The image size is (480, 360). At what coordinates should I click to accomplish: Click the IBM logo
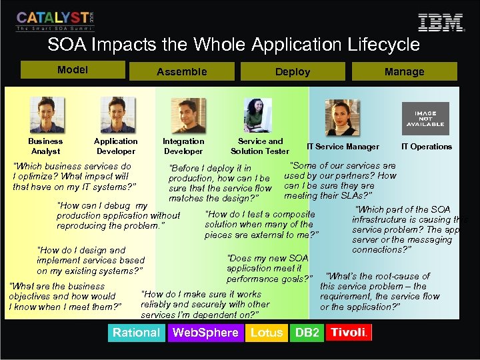point(440,22)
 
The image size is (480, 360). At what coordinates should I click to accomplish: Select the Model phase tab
point(73,70)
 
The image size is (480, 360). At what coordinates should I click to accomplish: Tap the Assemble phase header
point(181,71)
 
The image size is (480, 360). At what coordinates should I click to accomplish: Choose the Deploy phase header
point(293,71)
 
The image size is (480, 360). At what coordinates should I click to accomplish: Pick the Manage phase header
point(404,71)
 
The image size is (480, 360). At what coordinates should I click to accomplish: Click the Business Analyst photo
point(45,115)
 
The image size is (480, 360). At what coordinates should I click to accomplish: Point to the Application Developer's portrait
point(117,115)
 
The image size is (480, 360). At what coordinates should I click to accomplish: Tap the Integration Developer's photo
point(188,116)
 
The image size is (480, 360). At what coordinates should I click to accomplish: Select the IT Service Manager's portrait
point(342,117)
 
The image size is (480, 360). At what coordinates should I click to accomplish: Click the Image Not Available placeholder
point(425,118)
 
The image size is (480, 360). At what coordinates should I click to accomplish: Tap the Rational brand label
point(136,333)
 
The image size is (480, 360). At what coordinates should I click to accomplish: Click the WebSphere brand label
point(205,333)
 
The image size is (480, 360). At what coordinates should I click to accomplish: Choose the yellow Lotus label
point(267,333)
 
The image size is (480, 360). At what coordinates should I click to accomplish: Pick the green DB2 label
point(307,333)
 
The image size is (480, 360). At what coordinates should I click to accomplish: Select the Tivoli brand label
point(349,333)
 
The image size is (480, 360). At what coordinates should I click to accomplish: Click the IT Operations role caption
point(426,147)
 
